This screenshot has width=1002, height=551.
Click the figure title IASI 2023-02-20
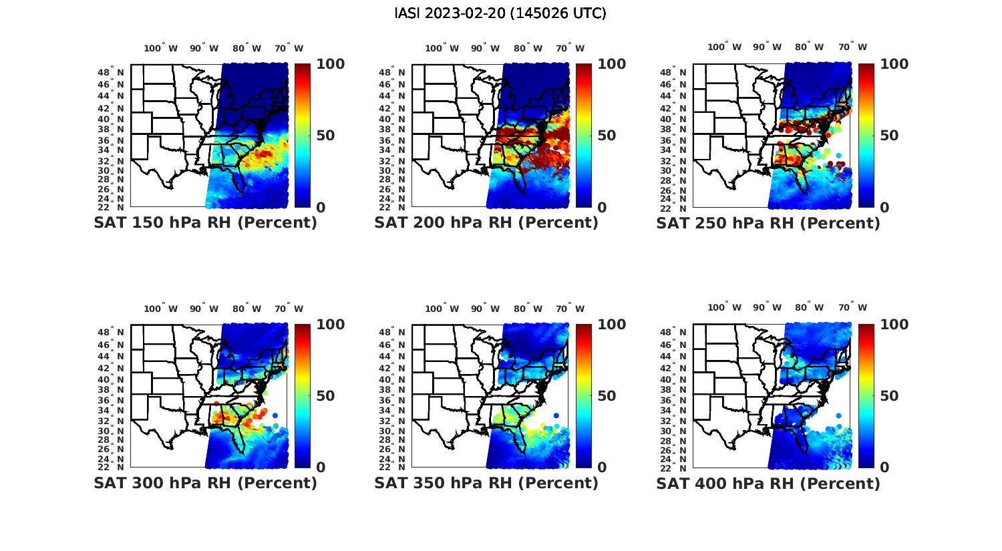point(500,13)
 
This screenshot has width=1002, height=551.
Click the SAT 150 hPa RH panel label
point(205,223)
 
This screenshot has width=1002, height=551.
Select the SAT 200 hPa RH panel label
point(486,223)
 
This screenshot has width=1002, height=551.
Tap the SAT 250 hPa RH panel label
point(768,223)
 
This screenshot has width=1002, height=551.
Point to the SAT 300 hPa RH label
point(205,483)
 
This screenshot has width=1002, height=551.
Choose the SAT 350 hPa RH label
point(486,483)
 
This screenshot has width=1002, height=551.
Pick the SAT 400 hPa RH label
point(768,483)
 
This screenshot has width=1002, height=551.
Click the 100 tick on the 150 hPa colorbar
point(331,64)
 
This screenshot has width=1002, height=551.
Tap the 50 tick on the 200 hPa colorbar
point(606,136)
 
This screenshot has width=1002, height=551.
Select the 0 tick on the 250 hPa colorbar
point(884,208)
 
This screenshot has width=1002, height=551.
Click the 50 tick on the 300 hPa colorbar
point(325,396)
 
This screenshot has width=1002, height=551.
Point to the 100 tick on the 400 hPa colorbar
point(894,325)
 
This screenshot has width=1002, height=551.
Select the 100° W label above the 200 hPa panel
point(442,48)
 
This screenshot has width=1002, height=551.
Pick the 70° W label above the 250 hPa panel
point(852,47)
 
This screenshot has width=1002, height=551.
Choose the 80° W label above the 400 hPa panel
point(809,307)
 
